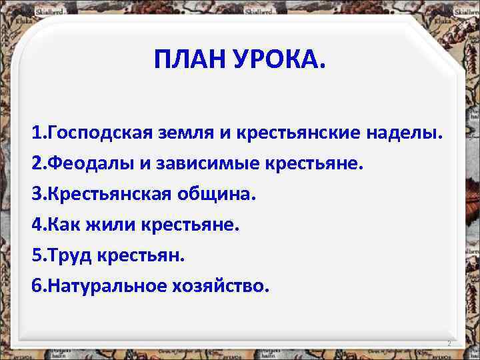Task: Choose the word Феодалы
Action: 85,163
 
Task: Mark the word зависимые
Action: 204,163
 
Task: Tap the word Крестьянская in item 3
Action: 107,194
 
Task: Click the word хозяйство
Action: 225,286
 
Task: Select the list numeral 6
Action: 35,286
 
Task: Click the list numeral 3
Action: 35,194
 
